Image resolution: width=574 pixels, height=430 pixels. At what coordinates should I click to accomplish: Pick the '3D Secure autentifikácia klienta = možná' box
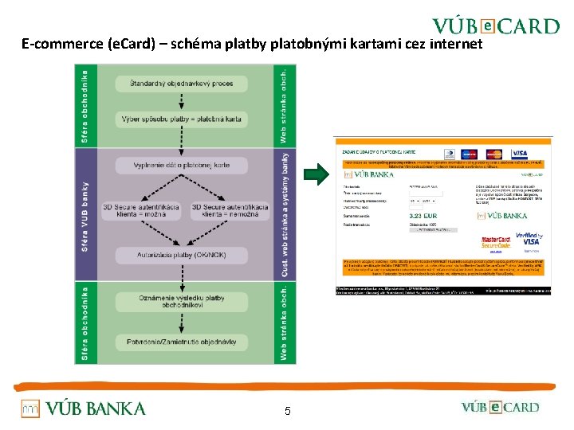141,210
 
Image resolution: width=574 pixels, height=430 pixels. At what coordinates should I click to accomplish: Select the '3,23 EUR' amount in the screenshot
422,215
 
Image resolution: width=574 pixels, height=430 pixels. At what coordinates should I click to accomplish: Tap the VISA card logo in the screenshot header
520,153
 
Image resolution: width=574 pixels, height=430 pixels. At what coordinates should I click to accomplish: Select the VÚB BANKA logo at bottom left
83,408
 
